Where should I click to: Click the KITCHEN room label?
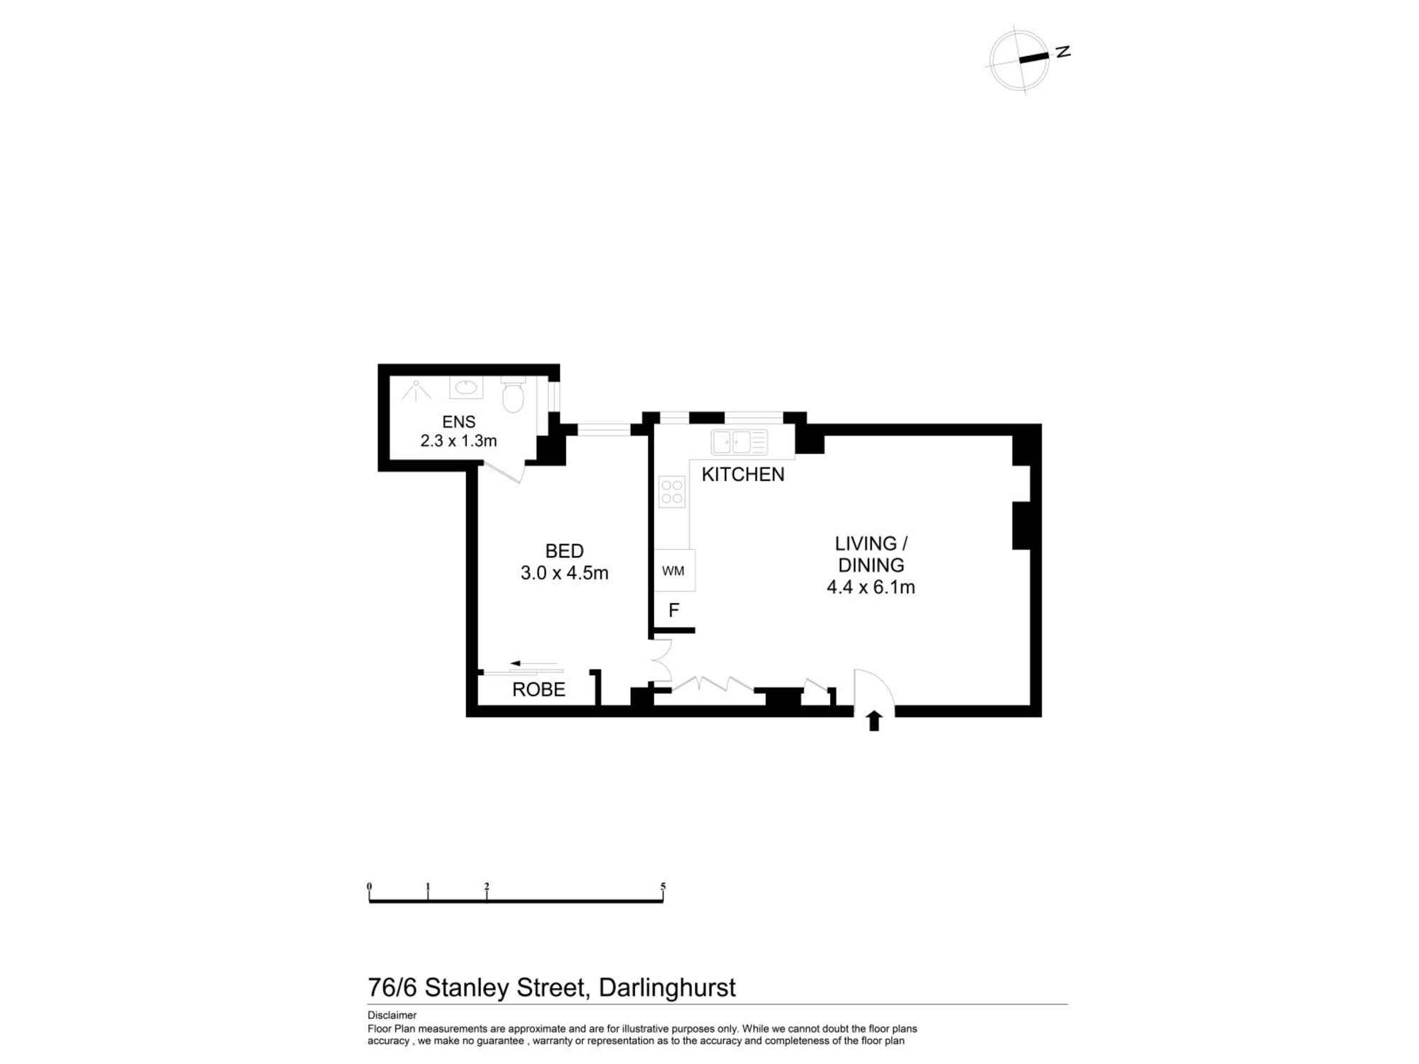click(x=743, y=475)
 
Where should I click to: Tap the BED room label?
click(x=564, y=550)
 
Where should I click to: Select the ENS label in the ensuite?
click(x=458, y=422)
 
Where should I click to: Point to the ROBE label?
click(x=539, y=689)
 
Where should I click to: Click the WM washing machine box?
click(x=674, y=570)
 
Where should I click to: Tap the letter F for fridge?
click(x=674, y=610)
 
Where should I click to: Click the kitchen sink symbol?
click(x=739, y=442)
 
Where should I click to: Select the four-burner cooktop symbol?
click(x=672, y=492)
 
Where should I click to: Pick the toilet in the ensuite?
click(x=513, y=394)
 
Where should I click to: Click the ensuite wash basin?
click(x=466, y=387)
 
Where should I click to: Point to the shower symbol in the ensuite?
click(x=416, y=391)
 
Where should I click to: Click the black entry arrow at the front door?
click(x=874, y=721)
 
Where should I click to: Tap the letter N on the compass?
click(x=1063, y=52)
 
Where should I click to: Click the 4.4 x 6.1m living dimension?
click(x=871, y=587)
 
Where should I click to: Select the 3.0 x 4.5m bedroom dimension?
click(x=564, y=573)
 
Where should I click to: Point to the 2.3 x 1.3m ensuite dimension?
click(x=458, y=441)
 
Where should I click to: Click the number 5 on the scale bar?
click(x=663, y=886)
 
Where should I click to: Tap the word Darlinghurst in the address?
click(x=667, y=987)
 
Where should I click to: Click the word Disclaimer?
click(x=392, y=1015)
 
